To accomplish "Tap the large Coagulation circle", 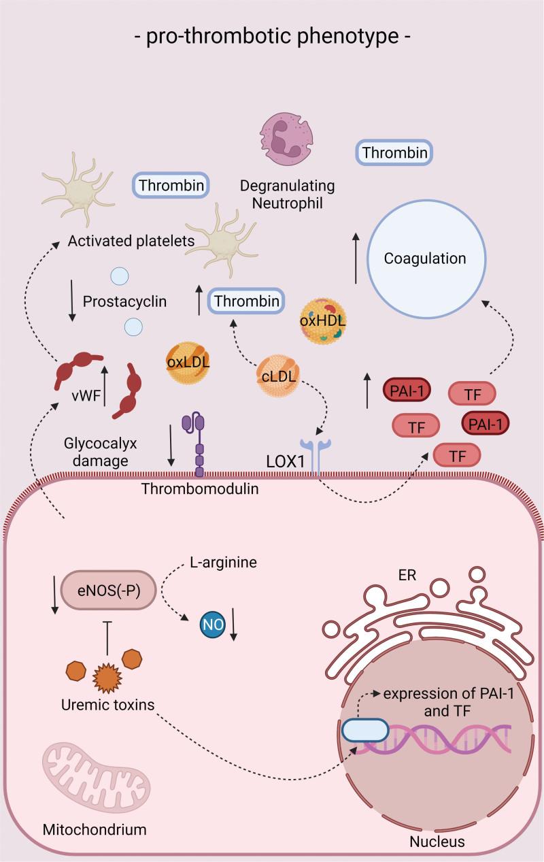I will [x=425, y=259].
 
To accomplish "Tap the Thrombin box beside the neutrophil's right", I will [x=395, y=153].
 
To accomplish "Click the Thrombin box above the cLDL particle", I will [x=246, y=301].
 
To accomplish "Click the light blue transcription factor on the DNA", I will [x=364, y=732].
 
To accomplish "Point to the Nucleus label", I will [x=437, y=842].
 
